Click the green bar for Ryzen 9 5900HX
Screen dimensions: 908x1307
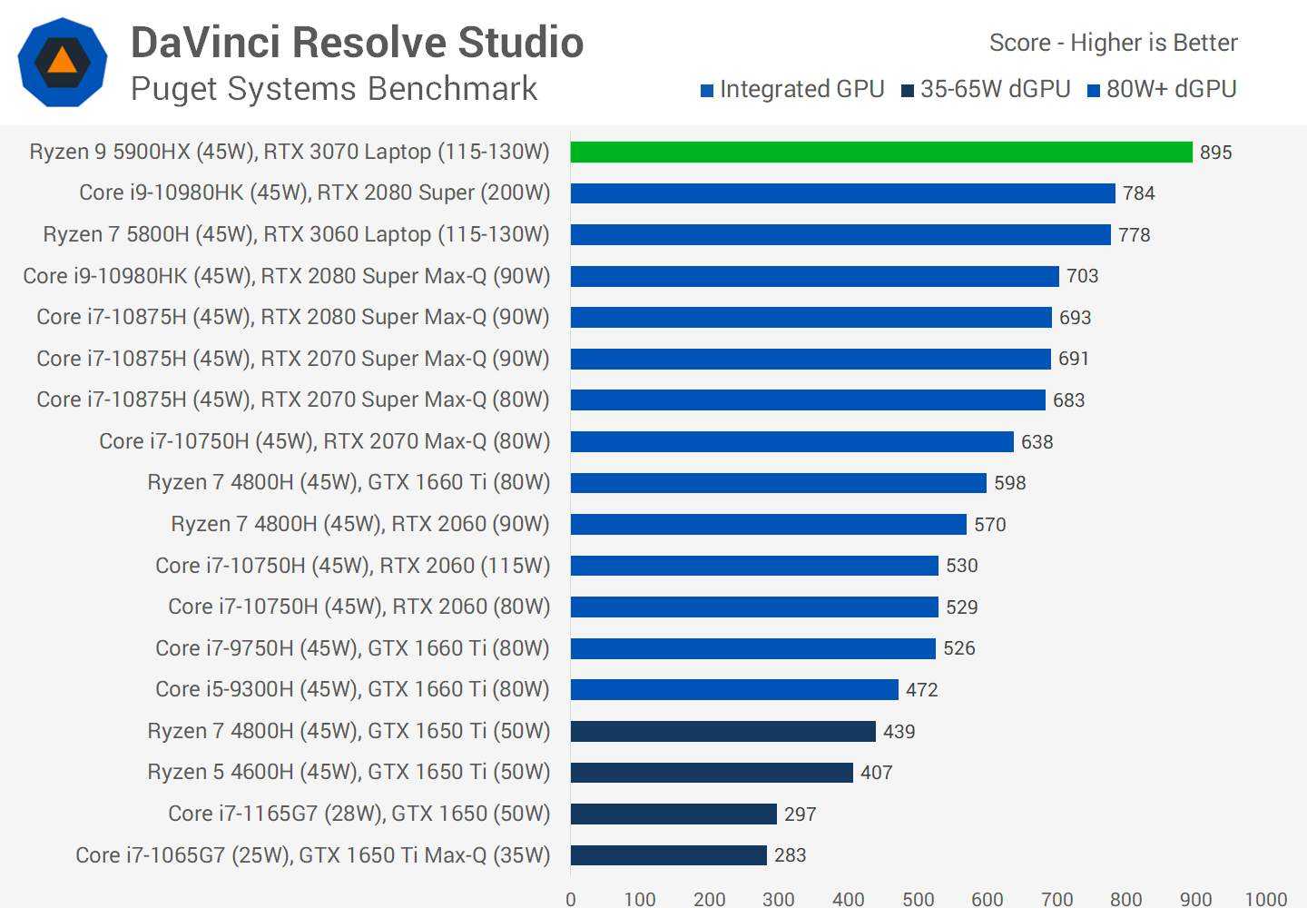(880, 152)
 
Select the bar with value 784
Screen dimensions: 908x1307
(842, 193)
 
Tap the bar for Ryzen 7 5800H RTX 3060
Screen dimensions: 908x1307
(840, 234)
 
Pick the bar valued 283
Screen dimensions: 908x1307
(668, 855)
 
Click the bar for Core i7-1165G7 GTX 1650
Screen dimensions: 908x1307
(673, 814)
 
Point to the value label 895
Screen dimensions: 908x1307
(1215, 153)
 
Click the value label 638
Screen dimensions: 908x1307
(1037, 442)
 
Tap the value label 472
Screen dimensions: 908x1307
(921, 690)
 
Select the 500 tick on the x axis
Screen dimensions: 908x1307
(918, 898)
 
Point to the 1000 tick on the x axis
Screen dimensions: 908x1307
(1265, 898)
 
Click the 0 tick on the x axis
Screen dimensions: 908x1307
(571, 898)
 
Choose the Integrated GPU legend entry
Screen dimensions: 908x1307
(792, 89)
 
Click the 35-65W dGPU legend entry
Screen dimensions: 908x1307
(986, 89)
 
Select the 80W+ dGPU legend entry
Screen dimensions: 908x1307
(1162, 89)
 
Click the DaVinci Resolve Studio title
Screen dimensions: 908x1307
(357, 43)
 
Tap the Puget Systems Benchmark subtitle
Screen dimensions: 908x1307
(334, 89)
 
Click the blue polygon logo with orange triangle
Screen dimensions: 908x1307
(62, 62)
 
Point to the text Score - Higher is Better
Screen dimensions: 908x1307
(1113, 43)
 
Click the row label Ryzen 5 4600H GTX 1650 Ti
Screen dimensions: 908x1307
(349, 772)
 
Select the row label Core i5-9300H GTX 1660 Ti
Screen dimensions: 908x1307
(352, 689)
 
